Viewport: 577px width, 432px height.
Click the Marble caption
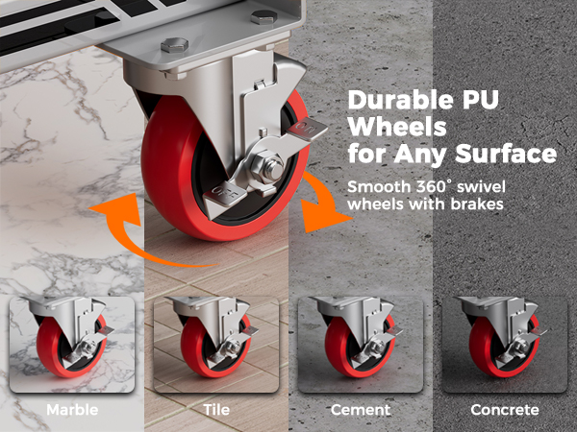[72, 410]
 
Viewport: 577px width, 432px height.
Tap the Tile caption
[216, 410]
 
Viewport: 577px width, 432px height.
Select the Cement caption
[361, 410]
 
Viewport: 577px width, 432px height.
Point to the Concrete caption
[505, 410]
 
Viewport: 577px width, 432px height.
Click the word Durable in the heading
[400, 100]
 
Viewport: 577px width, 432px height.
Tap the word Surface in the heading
[506, 154]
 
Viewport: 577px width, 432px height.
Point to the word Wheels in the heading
[397, 127]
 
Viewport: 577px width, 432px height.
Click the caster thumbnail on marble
[72, 345]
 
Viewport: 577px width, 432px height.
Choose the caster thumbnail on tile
[216, 345]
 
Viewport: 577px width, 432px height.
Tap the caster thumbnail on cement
[361, 345]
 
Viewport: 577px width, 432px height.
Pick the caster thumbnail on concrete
[505, 345]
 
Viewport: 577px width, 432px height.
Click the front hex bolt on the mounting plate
[174, 44]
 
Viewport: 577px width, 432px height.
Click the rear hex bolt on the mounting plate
[263, 16]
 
